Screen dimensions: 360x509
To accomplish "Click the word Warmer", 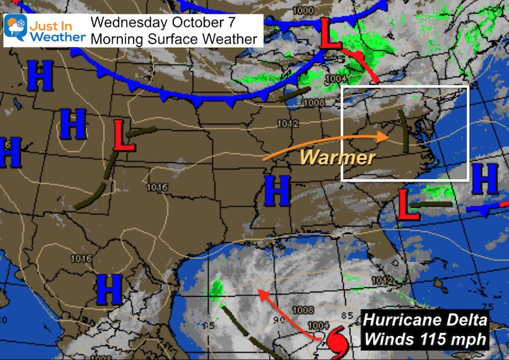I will coord(338,156).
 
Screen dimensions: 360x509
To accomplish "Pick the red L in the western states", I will coord(124,136).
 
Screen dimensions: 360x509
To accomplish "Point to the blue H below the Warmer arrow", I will coord(277,190).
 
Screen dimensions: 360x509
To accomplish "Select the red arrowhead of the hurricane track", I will coord(262,295).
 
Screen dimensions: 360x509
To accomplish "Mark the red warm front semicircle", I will coord(358,56).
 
